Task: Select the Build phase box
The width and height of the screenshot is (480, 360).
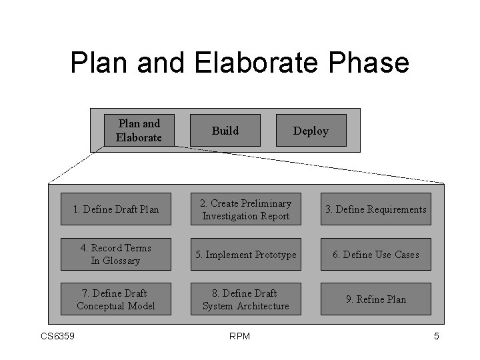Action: click(x=225, y=131)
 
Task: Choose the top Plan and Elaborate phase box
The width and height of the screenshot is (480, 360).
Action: click(x=139, y=131)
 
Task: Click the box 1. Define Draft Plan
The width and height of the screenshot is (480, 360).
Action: click(x=116, y=209)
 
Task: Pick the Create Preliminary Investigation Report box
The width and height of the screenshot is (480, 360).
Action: click(x=246, y=209)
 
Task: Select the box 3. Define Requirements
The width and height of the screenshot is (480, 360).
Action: click(x=375, y=209)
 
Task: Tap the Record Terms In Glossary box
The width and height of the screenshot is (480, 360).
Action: click(x=116, y=254)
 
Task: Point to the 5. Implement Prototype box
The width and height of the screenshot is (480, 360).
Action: click(x=246, y=255)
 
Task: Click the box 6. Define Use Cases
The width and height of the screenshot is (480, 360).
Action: click(x=375, y=255)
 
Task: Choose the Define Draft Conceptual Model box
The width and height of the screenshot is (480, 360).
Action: click(x=116, y=299)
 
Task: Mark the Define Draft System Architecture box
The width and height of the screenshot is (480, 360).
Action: click(x=246, y=299)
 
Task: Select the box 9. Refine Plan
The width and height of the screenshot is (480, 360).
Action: click(x=375, y=299)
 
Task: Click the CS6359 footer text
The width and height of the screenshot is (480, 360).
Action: click(x=57, y=336)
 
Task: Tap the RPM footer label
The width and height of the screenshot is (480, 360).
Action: click(x=239, y=336)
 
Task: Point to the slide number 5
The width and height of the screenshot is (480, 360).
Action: click(x=437, y=336)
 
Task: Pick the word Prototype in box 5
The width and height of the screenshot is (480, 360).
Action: click(x=272, y=255)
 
